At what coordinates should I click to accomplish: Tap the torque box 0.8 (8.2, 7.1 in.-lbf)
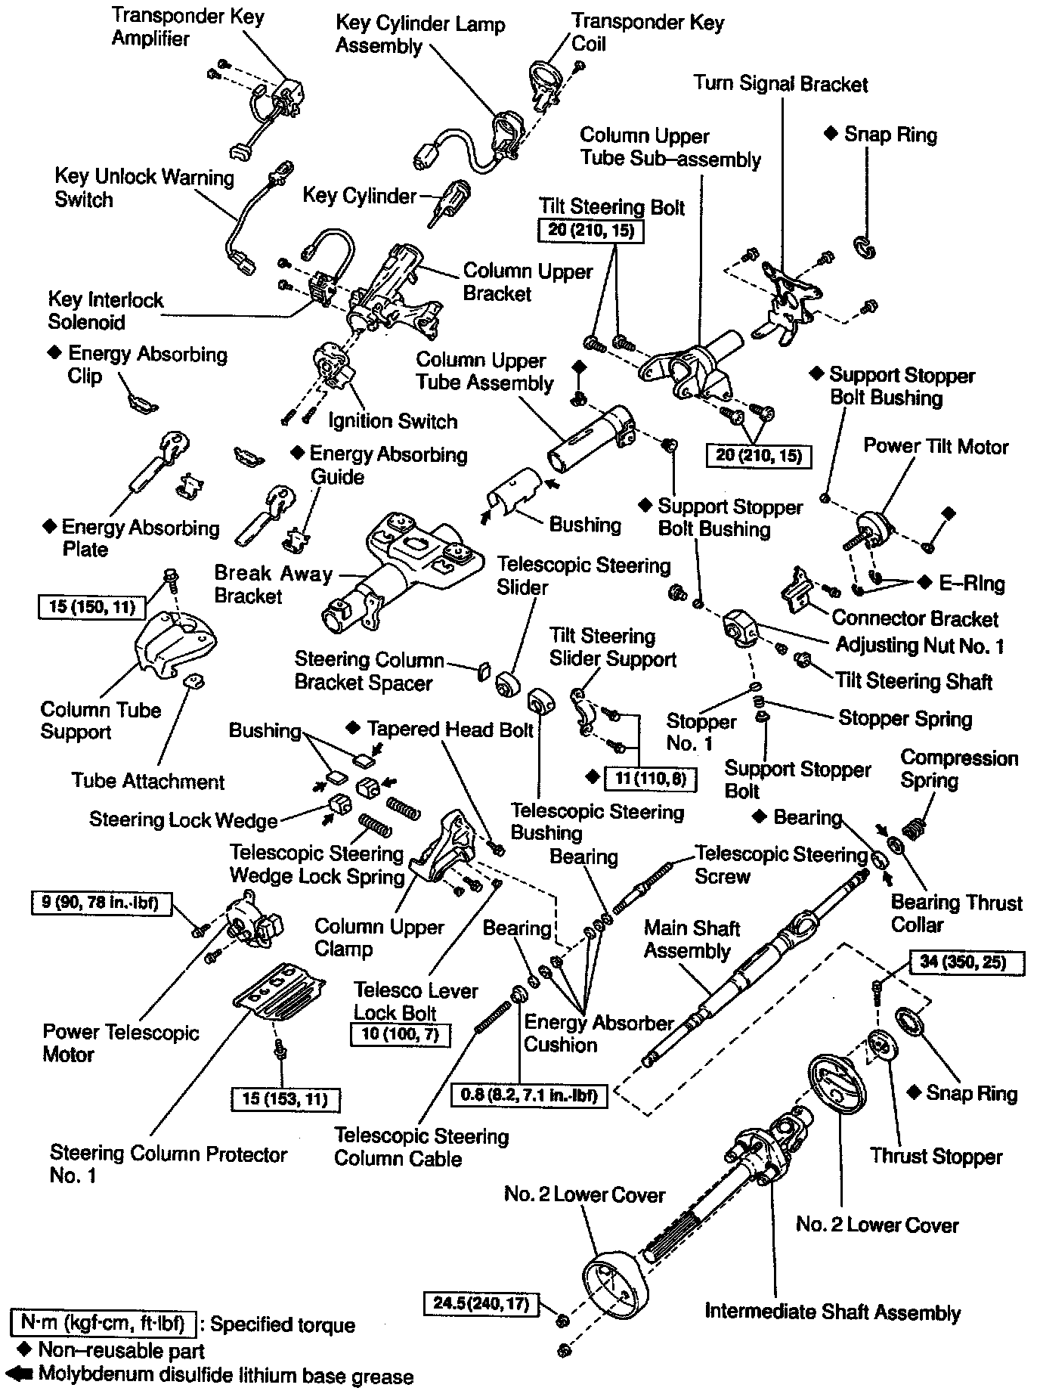point(529,1095)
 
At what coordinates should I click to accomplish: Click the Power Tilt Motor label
point(936,447)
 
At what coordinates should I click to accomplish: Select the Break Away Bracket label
point(273,584)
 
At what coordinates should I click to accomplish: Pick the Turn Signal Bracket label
point(780,84)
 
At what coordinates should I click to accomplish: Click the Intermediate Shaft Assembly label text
point(832,1312)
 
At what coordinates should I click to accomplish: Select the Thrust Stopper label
point(935,1156)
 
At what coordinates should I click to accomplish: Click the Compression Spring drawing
point(916,827)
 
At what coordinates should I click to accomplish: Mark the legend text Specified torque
point(282,1324)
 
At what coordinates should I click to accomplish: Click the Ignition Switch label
point(392,421)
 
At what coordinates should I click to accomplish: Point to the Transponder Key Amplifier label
point(187,27)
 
